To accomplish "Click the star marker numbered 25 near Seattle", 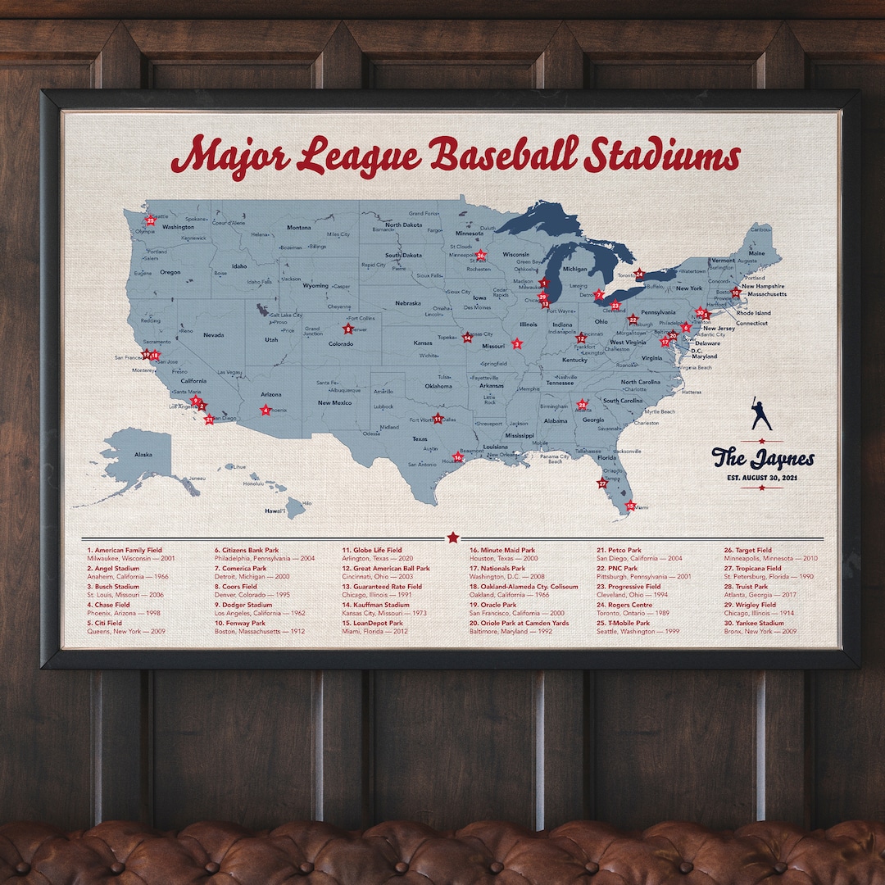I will coord(150,220).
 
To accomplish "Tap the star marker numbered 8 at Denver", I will coord(348,329).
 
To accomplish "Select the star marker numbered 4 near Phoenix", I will coord(265,410).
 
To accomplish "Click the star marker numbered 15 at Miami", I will coord(630,506).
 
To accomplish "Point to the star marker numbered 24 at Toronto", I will coord(639,275).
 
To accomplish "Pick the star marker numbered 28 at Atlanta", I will coord(582,405).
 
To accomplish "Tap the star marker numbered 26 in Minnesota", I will coord(481,256).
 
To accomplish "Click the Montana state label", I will coord(298,228).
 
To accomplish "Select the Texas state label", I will coord(419,438).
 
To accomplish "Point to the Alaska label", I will coord(143,454).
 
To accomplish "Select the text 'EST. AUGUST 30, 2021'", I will coord(762,477).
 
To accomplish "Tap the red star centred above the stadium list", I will coord(452,537).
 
